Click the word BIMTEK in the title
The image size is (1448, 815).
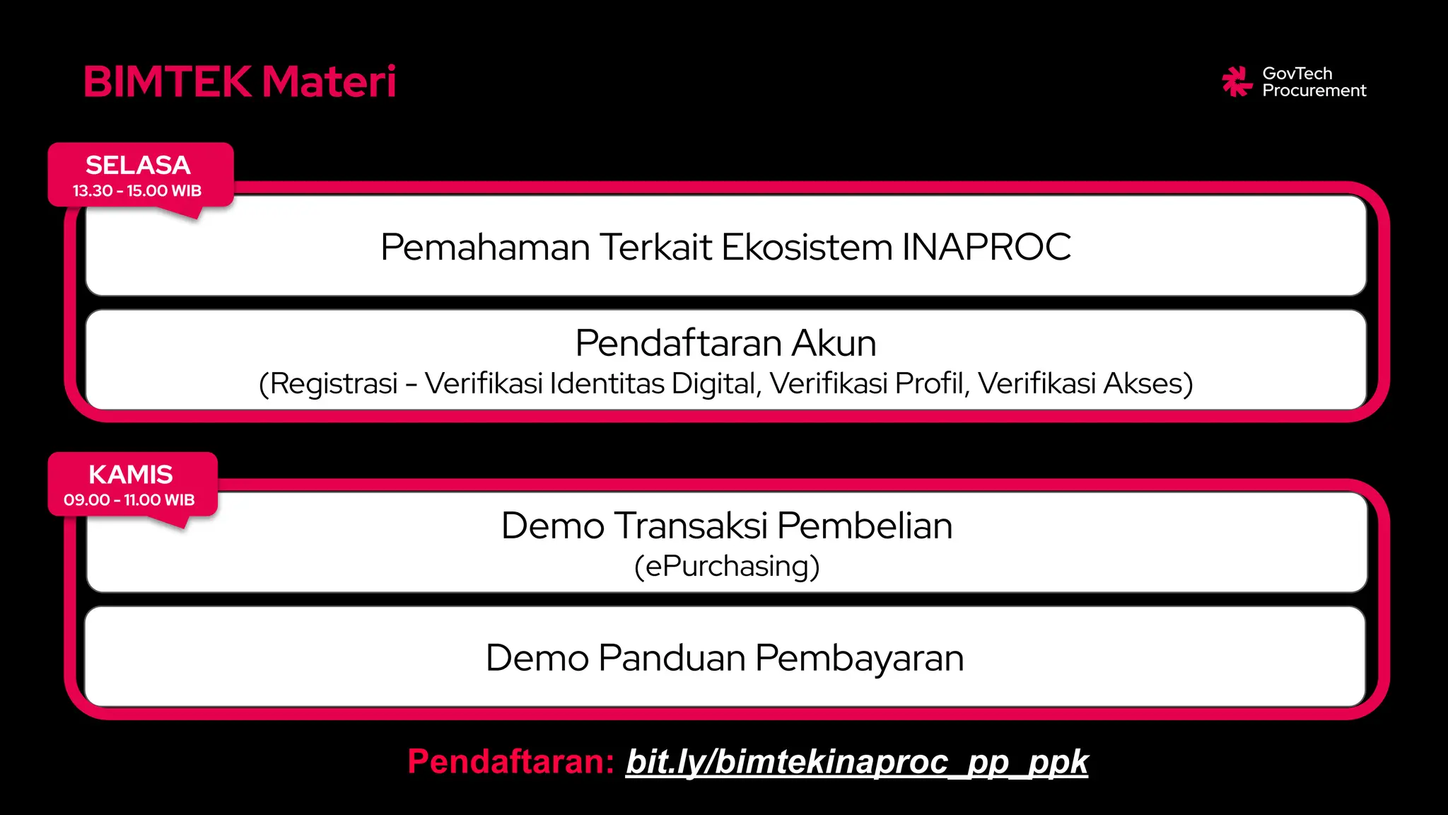168,82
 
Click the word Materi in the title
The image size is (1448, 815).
329,82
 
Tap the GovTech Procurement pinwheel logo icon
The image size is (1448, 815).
1237,82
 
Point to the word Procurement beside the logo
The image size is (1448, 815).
1314,91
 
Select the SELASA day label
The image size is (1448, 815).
138,166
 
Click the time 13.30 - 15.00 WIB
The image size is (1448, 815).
137,191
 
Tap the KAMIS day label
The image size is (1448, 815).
131,475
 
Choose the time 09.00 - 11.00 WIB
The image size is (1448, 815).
129,500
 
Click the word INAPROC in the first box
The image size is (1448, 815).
986,248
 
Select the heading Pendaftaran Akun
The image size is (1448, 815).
725,344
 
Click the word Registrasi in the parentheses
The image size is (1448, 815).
334,384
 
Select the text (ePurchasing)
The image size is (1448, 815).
727,567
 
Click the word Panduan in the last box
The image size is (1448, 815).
672,658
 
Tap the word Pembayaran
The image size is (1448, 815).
859,658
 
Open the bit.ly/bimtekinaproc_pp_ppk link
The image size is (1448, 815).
857,762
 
